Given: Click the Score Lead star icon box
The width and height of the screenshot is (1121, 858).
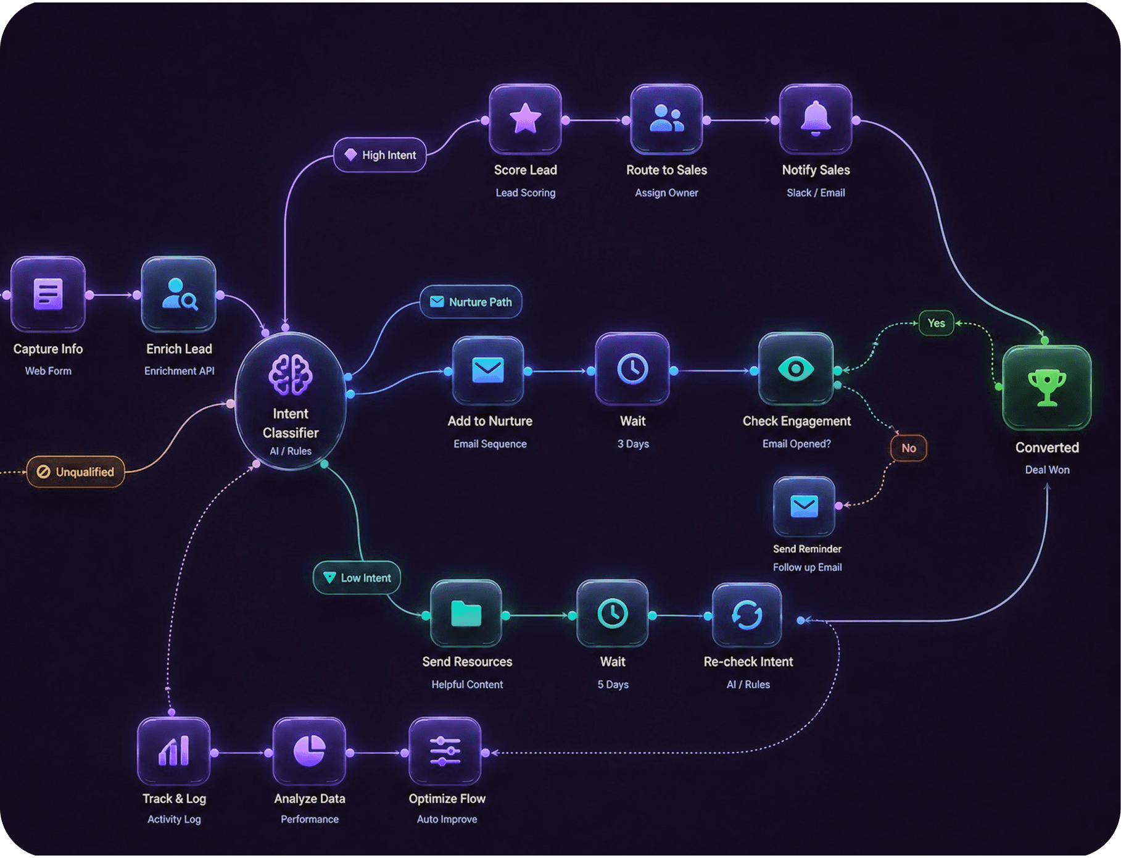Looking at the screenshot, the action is point(525,119).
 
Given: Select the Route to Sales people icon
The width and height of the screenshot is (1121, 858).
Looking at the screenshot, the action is point(666,119).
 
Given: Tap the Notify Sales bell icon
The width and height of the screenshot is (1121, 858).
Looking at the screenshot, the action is point(816,118).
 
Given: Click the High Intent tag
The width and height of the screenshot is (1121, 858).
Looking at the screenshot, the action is point(380,155).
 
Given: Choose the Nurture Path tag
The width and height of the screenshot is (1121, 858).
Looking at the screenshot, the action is point(471,302).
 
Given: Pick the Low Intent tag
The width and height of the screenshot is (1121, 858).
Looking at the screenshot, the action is point(357,578).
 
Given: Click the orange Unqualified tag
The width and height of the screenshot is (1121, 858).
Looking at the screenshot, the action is point(75,472).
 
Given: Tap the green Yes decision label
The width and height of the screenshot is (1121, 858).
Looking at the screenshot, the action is point(936,323).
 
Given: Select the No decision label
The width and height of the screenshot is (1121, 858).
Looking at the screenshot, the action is point(908,448).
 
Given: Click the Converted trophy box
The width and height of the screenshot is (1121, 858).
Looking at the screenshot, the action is point(1046,388).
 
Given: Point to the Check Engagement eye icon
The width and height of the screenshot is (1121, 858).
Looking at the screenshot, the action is point(796,369).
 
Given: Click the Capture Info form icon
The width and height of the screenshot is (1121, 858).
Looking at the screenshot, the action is point(48,294).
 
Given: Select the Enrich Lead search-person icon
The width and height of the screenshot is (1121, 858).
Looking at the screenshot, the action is point(180,294).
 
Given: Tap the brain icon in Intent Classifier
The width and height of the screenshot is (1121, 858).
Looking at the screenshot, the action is point(291,375).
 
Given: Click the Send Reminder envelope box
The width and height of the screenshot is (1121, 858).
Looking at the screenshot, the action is point(804,506).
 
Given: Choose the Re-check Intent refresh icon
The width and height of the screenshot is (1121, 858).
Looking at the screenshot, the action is point(747,615).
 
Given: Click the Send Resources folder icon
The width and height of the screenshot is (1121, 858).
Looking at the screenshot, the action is point(466,614).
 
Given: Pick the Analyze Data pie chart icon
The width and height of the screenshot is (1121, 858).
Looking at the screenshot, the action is point(309,751).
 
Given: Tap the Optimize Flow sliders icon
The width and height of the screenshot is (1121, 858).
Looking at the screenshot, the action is point(445,751).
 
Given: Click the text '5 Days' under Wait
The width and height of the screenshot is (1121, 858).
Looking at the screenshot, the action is point(613,685).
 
